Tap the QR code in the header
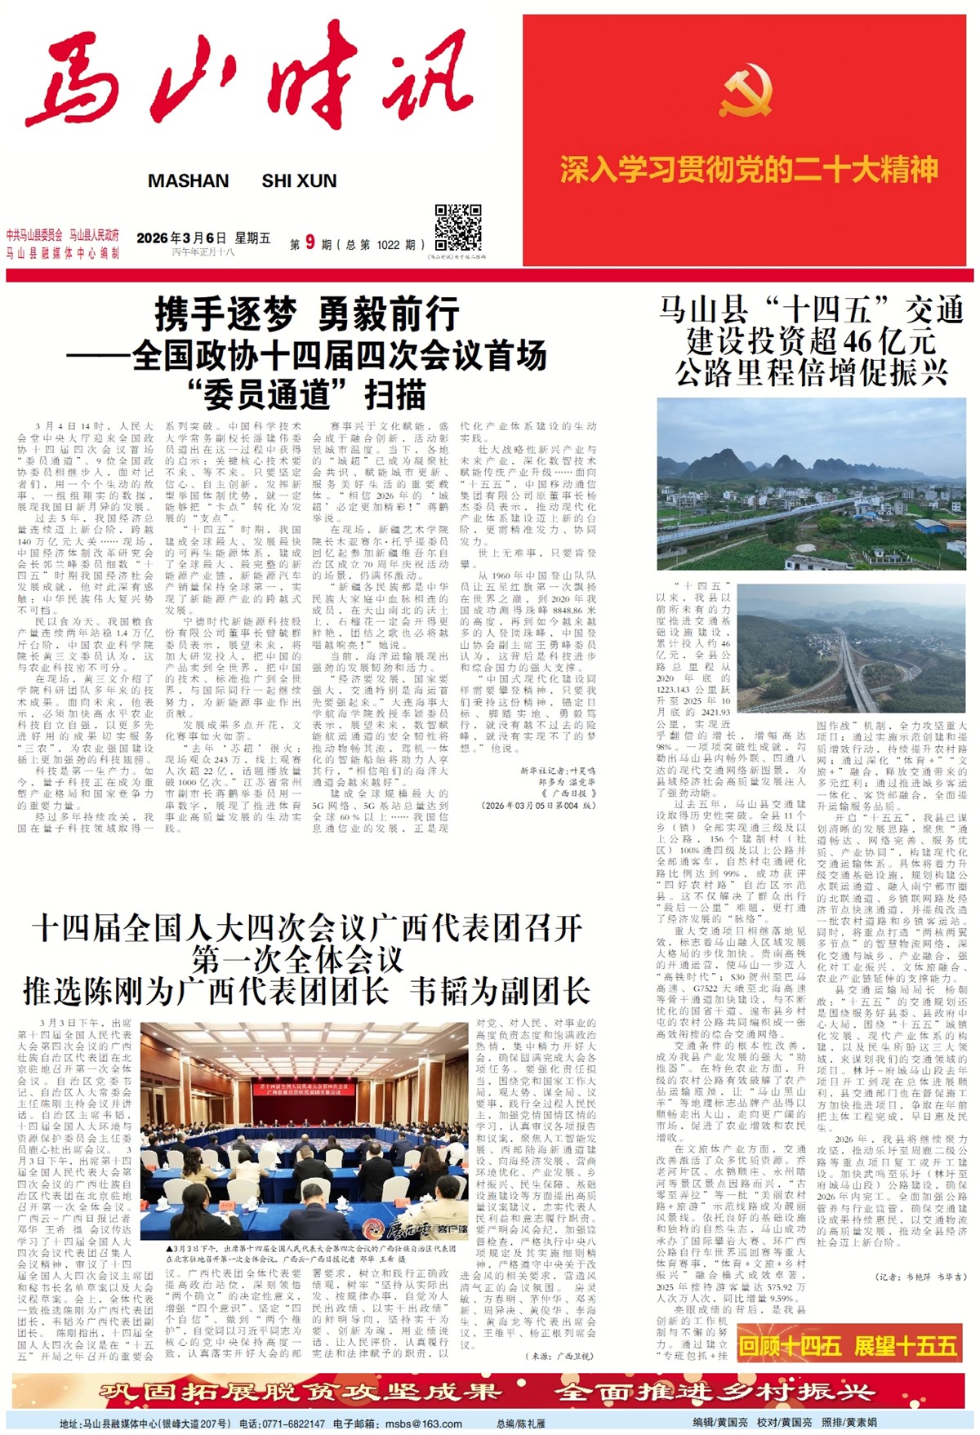(x=457, y=228)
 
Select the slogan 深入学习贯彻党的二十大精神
(x=748, y=170)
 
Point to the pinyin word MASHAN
(x=188, y=181)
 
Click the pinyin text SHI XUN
(x=299, y=181)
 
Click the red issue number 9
(x=310, y=242)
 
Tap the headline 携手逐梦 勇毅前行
(x=306, y=313)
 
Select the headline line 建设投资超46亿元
(x=810, y=341)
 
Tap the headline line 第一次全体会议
(x=298, y=959)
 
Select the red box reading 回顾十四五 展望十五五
(x=848, y=1345)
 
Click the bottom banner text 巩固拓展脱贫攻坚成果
(x=298, y=1391)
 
